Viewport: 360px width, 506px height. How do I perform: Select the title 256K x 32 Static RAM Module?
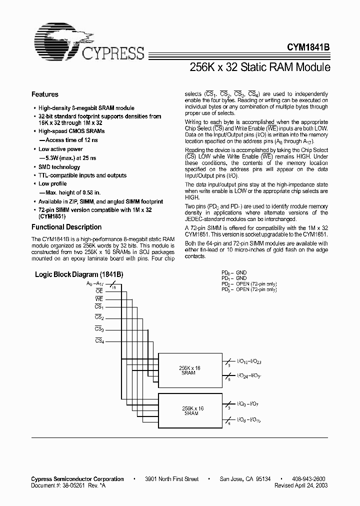point(259,66)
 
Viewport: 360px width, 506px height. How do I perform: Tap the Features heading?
point(45,94)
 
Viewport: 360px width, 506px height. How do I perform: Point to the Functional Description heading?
point(66,227)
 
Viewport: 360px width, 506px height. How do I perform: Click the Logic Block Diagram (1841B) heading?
point(79,275)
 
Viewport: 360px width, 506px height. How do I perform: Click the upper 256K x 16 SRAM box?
point(190,370)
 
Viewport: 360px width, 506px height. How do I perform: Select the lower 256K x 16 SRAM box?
point(190,410)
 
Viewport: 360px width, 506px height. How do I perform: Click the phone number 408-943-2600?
point(308,479)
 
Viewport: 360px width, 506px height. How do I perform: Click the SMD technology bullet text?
point(59,167)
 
